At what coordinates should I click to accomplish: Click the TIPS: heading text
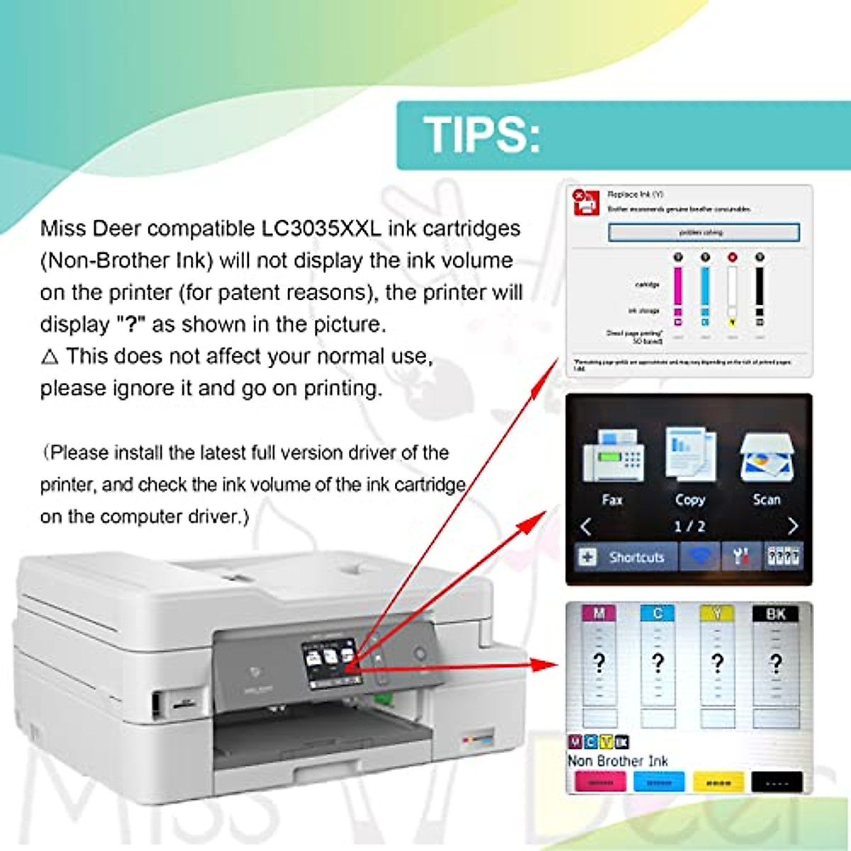pos(482,134)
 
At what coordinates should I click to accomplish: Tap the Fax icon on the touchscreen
pos(612,457)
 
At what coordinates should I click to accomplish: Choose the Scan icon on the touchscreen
pos(766,457)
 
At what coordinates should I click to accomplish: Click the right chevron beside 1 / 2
pos(792,526)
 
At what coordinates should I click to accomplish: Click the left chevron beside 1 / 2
pos(586,526)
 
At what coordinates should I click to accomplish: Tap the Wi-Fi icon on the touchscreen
pos(700,557)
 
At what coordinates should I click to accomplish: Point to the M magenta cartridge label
pos(599,613)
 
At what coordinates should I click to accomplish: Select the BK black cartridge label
pos(775,613)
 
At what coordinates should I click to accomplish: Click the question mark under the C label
pos(658,663)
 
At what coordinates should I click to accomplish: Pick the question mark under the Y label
pos(718,663)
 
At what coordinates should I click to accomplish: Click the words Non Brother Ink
pos(618,761)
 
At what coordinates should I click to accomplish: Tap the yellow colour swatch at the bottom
pos(718,782)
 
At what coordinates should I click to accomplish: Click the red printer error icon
pos(586,202)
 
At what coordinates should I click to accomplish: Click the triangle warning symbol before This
pos(50,357)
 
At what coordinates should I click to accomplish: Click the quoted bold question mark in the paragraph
pos(130,325)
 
